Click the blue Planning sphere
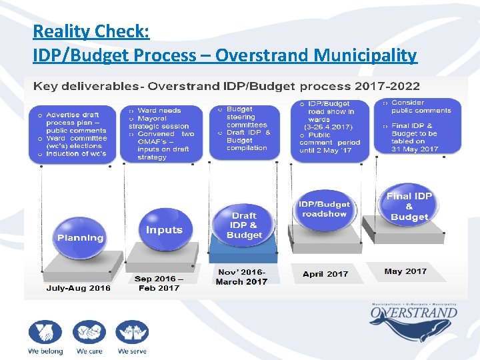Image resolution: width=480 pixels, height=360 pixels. (81, 236)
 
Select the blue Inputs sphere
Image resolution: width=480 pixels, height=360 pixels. (164, 229)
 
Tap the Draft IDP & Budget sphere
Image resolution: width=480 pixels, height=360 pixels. (244, 225)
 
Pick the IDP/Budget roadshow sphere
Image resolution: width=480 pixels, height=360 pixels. (324, 208)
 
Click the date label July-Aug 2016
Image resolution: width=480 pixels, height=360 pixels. (79, 288)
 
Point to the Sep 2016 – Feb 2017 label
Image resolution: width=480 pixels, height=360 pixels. (157, 283)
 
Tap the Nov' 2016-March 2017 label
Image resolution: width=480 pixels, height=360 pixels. (241, 277)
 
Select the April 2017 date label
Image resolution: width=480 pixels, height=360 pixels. (325, 273)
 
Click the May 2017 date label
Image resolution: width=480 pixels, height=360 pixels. (405, 271)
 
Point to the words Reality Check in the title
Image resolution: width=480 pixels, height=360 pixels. (91, 31)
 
